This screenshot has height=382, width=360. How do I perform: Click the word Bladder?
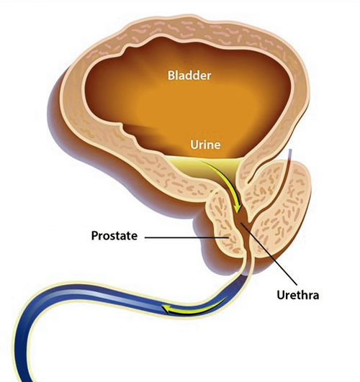coord(189,76)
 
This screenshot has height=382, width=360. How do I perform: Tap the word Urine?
coord(205,145)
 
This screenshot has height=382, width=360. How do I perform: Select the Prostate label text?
coord(114,235)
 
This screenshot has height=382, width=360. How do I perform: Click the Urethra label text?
coord(298,295)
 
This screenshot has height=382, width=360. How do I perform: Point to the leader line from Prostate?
coord(186,237)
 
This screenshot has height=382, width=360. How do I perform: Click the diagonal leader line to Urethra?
coord(269,253)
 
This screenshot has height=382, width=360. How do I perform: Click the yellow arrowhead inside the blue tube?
coord(166,309)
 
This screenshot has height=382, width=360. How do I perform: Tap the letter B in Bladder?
coord(171,76)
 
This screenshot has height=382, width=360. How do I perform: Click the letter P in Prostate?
coord(95,235)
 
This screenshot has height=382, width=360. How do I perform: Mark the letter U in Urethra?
coord(281,295)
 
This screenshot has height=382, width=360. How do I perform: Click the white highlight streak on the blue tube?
coord(98,294)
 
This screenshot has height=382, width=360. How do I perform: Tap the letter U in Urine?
coord(194,145)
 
